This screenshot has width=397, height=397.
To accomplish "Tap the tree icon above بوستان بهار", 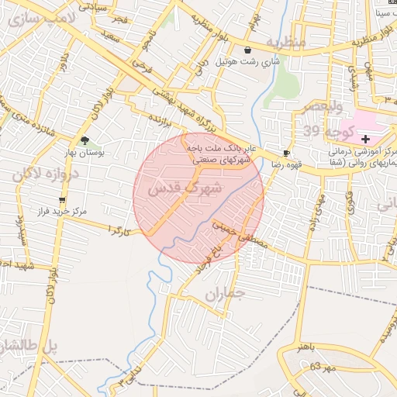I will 85,140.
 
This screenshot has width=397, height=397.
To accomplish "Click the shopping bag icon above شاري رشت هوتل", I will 250,49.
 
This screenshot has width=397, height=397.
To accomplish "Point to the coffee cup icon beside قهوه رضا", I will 287,154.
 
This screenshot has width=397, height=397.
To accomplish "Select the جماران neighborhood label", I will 226,295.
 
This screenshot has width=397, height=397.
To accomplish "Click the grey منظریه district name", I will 285,41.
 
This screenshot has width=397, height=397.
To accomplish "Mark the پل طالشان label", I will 28,346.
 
